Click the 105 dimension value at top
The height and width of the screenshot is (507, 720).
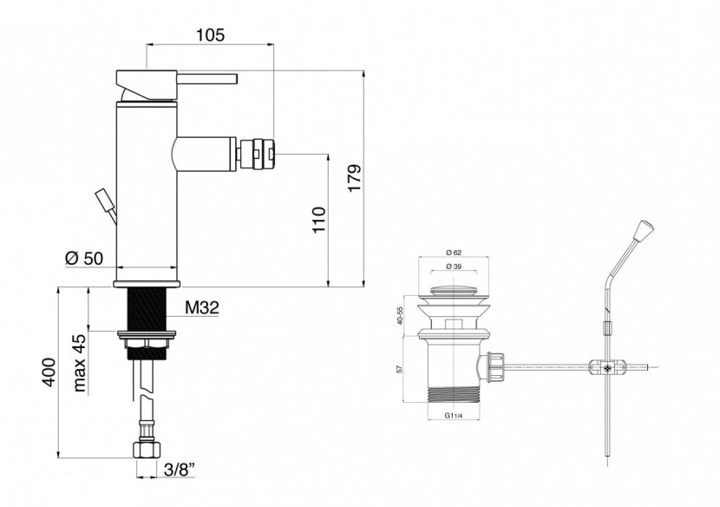tap(211, 35)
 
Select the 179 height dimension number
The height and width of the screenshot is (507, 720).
tap(355, 178)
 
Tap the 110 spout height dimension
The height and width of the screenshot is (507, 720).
tap(319, 220)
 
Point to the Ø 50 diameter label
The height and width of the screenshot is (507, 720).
tap(84, 259)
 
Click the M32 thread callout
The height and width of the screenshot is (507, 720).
tap(202, 307)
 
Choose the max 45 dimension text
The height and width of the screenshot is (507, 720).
tap(80, 363)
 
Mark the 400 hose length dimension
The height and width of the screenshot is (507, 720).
tap(48, 372)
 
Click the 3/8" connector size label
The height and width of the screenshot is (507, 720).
tap(180, 470)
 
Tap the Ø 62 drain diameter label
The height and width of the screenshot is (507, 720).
tap(453, 252)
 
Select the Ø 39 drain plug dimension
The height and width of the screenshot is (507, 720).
tap(453, 267)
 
